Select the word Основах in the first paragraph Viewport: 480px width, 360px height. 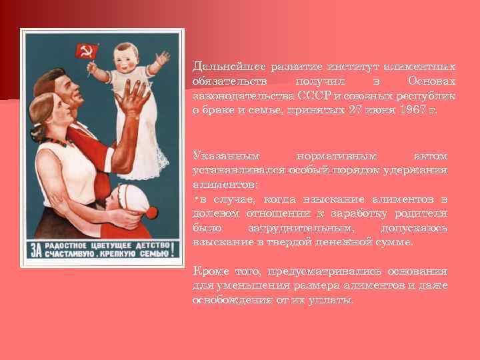(433, 81)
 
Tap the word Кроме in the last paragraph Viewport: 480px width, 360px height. (208, 273)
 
